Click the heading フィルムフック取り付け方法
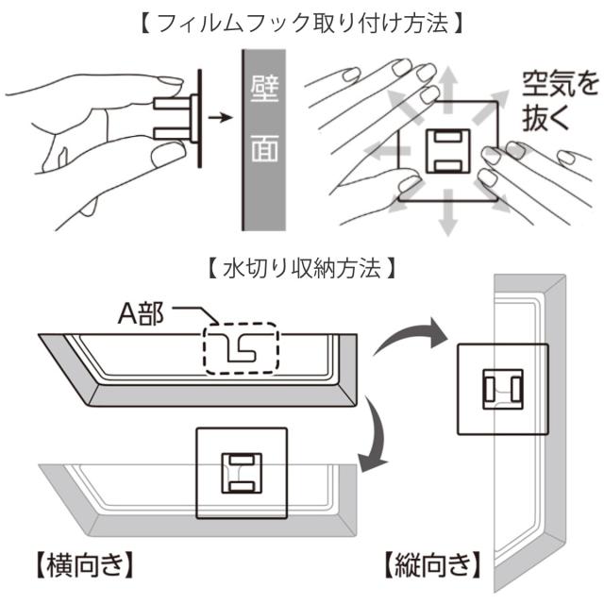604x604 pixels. click(301, 23)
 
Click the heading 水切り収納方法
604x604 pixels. click(301, 267)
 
